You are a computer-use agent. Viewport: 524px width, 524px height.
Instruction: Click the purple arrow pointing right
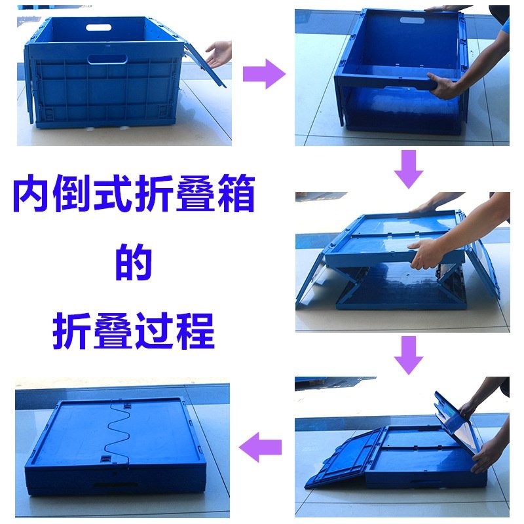click(x=264, y=73)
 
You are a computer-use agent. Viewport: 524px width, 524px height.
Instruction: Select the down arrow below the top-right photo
click(x=409, y=168)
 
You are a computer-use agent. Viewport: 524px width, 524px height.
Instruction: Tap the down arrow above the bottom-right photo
click(x=409, y=354)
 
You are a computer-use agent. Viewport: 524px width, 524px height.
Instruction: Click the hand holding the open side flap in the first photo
click(x=219, y=52)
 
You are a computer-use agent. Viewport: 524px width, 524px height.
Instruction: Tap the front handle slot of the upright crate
click(x=107, y=59)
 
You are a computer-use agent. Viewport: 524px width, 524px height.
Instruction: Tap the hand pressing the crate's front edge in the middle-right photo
click(x=426, y=252)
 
